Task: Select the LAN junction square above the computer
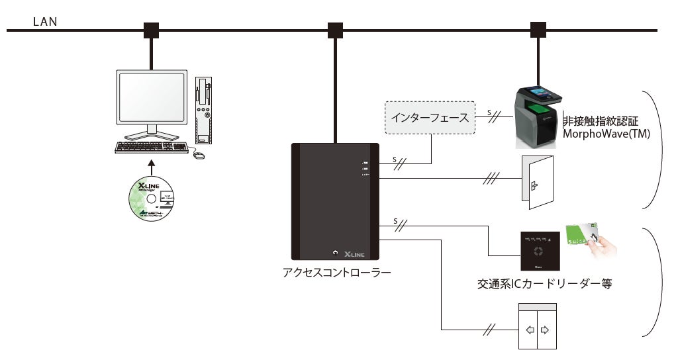[152, 30]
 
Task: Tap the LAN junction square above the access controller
[336, 30]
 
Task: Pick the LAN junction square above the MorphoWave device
[538, 30]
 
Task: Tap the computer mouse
[199, 156]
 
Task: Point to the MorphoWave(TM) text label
[606, 134]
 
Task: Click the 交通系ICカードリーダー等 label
[544, 285]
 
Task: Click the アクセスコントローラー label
[336, 271]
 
